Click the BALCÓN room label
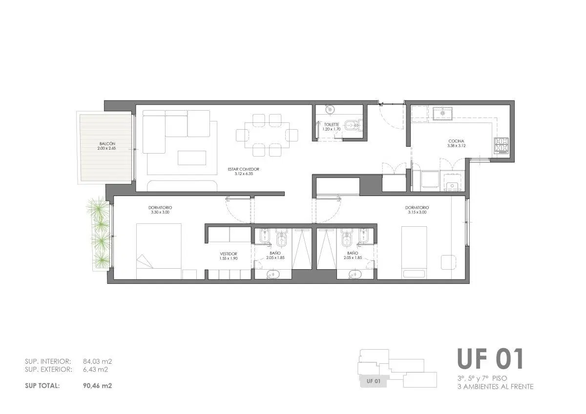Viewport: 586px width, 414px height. point(107,144)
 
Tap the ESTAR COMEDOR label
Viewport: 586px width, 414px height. point(244,169)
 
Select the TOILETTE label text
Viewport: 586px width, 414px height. point(332,125)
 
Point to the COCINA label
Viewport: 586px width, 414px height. point(456,141)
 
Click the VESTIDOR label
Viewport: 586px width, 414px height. point(229,254)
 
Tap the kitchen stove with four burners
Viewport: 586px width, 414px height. point(501,145)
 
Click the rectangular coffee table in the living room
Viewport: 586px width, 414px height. point(192,158)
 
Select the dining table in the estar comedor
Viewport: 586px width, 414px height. point(267,135)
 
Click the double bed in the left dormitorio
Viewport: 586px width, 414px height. point(159,251)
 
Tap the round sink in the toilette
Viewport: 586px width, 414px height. point(329,109)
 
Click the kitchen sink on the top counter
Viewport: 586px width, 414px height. point(442,113)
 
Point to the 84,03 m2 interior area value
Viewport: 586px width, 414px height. point(98,361)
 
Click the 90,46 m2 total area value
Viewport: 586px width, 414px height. point(98,386)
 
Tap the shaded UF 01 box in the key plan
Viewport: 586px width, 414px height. point(374,381)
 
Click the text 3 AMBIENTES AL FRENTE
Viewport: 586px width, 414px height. point(496,387)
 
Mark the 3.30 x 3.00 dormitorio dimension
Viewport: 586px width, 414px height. point(160,212)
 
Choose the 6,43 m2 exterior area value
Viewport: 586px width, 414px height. point(96,370)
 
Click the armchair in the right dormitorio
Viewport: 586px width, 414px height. point(449,262)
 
